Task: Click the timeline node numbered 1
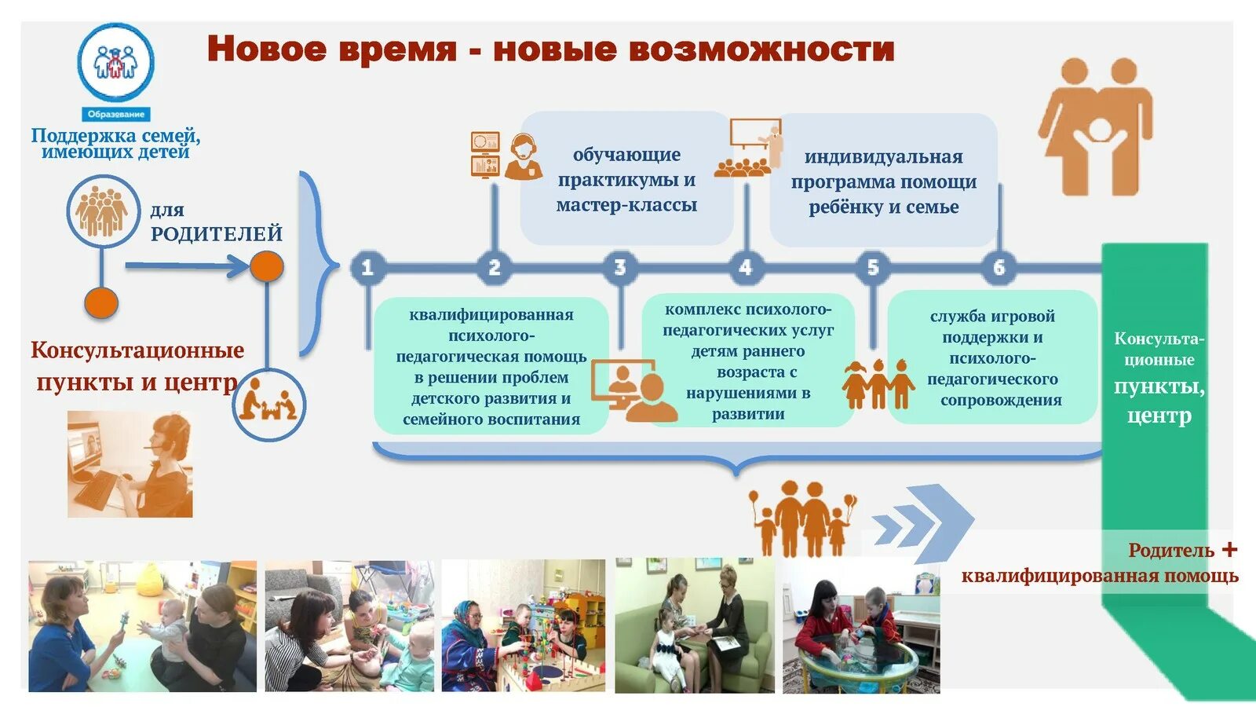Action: (367, 268)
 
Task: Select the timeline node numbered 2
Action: (494, 268)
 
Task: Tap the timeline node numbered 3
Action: (620, 268)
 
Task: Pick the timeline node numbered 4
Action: (746, 268)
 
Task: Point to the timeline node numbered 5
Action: (872, 268)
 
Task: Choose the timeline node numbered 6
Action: (999, 268)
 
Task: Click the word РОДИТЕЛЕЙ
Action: (217, 233)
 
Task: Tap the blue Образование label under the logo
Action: (115, 114)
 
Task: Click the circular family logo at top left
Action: (115, 62)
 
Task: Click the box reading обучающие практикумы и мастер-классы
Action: (626, 180)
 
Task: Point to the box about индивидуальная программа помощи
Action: (883, 181)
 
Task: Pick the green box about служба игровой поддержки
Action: (992, 357)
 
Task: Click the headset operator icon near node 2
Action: (523, 156)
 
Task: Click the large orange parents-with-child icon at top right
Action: (1097, 126)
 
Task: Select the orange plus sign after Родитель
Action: (1229, 549)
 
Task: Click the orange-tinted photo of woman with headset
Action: (130, 463)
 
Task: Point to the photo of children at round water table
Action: (861, 626)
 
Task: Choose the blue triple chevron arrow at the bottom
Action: (923, 523)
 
